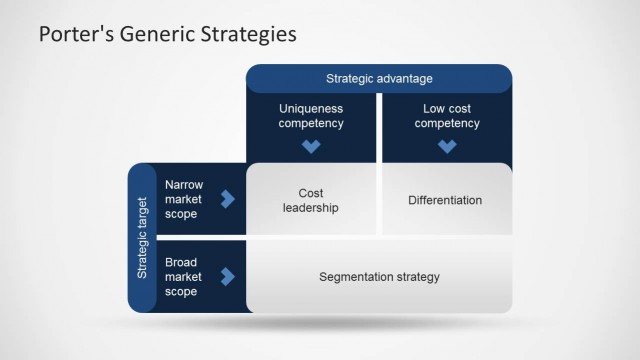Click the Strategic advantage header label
(379, 78)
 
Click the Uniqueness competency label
(311, 116)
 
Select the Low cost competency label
(447, 116)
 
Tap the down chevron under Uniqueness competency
(311, 146)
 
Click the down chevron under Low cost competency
(447, 146)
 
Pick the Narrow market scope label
(184, 199)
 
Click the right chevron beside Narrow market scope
(228, 199)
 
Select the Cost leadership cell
(311, 200)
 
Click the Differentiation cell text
(445, 200)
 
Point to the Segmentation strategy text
(379, 277)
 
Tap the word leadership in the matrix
(311, 208)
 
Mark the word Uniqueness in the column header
(311, 108)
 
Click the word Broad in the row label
(181, 262)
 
